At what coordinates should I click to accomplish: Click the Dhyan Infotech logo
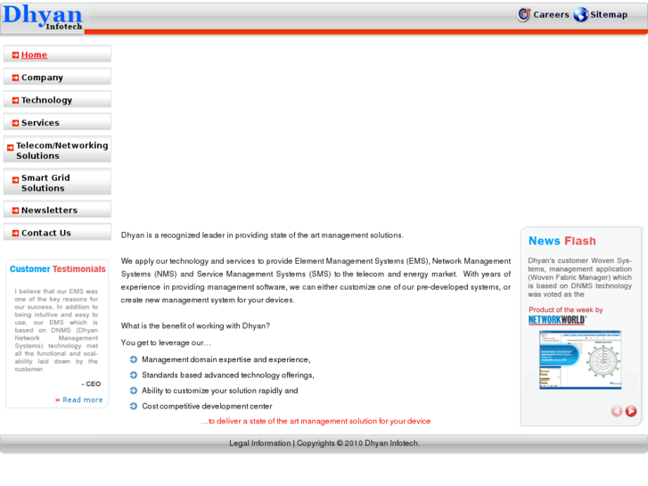pyautogui.click(x=42, y=17)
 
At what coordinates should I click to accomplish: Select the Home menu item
pyautogui.click(x=34, y=54)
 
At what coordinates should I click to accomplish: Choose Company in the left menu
pyautogui.click(x=42, y=78)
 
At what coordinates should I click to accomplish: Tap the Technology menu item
pyautogui.click(x=46, y=100)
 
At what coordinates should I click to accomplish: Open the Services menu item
pyautogui.click(x=40, y=123)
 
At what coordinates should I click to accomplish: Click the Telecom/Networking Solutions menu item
pyautogui.click(x=62, y=150)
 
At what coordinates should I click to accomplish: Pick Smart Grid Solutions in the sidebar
pyautogui.click(x=45, y=183)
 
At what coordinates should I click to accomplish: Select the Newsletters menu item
pyautogui.click(x=49, y=210)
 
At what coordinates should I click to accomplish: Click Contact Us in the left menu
pyautogui.click(x=45, y=233)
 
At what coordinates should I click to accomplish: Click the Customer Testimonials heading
pyautogui.click(x=57, y=268)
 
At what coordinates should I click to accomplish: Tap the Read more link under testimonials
pyautogui.click(x=82, y=400)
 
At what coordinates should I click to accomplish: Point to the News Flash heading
pyautogui.click(x=562, y=241)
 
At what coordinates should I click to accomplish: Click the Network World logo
pyautogui.click(x=557, y=320)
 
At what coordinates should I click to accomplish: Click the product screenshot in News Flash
pyautogui.click(x=579, y=359)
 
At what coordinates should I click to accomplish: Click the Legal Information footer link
pyautogui.click(x=259, y=443)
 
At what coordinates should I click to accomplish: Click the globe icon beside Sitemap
pyautogui.click(x=581, y=14)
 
